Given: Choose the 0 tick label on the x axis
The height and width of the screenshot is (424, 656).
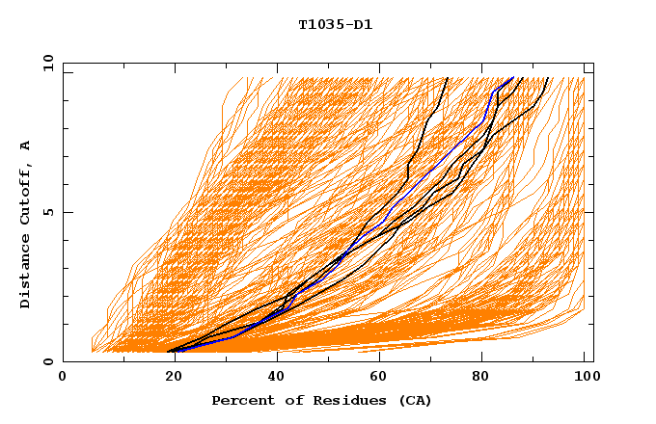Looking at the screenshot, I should pyautogui.click(x=64, y=377).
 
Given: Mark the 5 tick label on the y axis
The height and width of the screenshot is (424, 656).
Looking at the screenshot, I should pyautogui.click(x=46, y=212).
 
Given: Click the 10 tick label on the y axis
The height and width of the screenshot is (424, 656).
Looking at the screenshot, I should pyautogui.click(x=43, y=63).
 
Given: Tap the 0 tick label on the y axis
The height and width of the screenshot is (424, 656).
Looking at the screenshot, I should pyautogui.click(x=46, y=361).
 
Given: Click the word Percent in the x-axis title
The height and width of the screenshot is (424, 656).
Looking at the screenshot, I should pyautogui.click(x=240, y=400).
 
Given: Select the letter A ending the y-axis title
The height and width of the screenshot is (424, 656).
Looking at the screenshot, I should pyautogui.click(x=26, y=145).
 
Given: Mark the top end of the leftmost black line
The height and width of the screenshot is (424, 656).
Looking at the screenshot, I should pyautogui.click(x=446, y=78).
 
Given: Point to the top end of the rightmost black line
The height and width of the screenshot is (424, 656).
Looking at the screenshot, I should pyautogui.click(x=548, y=78).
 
